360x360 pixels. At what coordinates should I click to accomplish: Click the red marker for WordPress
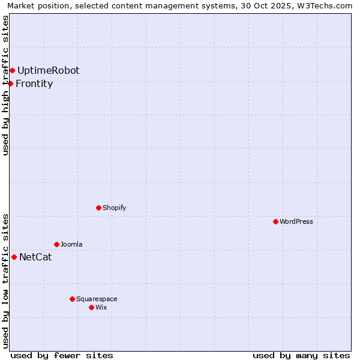pos(275,221)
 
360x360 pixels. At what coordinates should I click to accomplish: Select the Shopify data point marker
pos(98,208)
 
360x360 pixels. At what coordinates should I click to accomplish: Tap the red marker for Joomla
pos(56,244)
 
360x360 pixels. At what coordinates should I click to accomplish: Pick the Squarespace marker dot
pos(72,299)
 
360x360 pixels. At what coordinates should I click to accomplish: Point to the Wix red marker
pos(91,307)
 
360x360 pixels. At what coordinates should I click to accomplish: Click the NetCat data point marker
pos(14,257)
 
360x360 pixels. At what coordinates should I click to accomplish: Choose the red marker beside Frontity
pos(10,83)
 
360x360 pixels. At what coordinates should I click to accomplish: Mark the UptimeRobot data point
pos(12,70)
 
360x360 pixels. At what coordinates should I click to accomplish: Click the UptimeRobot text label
pos(48,70)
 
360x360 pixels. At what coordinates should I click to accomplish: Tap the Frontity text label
pos(34,83)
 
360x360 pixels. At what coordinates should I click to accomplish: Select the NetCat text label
pos(35,257)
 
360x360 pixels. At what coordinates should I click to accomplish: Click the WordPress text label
pos(296,221)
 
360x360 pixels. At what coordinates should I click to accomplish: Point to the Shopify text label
pos(114,208)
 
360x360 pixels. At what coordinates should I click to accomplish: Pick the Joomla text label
pos(71,244)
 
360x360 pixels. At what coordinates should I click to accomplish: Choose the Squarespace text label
pos(97,299)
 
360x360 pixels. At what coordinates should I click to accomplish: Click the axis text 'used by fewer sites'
pos(62,355)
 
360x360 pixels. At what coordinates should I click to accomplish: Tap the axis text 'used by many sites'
pos(301,355)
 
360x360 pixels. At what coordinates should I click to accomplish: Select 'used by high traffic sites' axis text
pos(5,85)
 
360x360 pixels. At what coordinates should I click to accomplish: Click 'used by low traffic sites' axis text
pos(5,281)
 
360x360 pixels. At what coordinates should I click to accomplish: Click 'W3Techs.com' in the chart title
pos(328,5)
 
